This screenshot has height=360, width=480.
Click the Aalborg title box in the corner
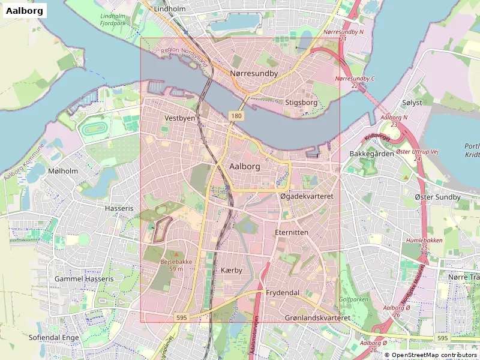(x=24, y=11)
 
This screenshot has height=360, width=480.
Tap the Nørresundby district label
(x=254, y=73)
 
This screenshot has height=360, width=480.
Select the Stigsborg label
(x=301, y=103)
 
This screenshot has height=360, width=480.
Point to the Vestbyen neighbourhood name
(x=180, y=118)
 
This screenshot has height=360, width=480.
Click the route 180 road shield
(x=235, y=115)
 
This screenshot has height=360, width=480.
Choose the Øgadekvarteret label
(x=307, y=196)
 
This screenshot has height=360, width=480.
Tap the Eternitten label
(x=291, y=232)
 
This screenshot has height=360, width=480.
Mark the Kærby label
(x=232, y=271)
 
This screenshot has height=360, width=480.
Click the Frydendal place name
(x=283, y=292)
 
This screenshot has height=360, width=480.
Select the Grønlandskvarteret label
(x=317, y=317)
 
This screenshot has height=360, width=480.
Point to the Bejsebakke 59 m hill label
(x=176, y=265)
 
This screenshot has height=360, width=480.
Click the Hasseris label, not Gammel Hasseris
(x=118, y=208)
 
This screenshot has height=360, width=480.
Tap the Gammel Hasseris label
(x=83, y=279)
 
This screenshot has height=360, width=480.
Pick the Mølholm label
(x=63, y=171)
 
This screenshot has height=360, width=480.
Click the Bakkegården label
(x=371, y=154)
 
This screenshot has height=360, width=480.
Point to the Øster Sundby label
(x=437, y=197)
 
